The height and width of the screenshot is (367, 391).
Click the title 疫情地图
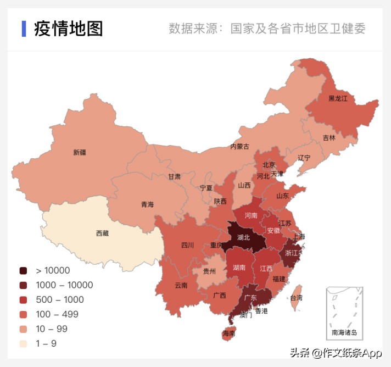[68, 29]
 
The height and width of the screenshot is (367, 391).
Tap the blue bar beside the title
[24, 29]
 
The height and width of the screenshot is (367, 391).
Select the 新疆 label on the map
[80, 152]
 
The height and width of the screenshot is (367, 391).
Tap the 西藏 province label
[102, 233]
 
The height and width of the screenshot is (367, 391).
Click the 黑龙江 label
[338, 98]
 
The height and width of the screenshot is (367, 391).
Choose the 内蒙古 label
[239, 147]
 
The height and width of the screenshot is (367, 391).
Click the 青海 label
[147, 204]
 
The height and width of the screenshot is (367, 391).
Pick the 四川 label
[187, 245]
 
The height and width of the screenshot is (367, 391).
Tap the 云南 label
[181, 285]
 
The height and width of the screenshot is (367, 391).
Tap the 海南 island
[228, 333]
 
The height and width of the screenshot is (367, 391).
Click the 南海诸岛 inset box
[344, 313]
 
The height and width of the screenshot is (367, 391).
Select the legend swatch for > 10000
[23, 270]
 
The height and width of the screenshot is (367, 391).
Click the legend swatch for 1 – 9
[23, 344]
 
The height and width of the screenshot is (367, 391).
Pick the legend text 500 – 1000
[60, 300]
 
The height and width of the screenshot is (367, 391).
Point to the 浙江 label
[293, 253]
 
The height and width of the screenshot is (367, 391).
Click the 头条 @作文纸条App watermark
[336, 353]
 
